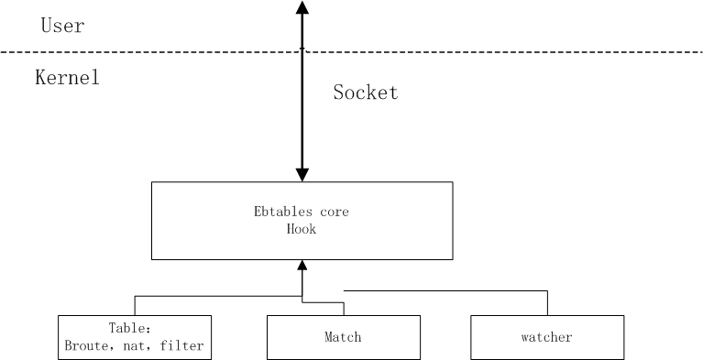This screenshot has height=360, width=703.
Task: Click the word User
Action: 62,26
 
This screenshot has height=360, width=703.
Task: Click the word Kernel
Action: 66,78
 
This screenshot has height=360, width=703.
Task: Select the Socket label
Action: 365,93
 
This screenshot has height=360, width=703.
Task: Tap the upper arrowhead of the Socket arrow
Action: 302,8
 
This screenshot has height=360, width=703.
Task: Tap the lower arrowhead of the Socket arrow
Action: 302,173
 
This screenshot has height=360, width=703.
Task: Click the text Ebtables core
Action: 302,213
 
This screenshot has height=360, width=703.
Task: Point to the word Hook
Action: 302,229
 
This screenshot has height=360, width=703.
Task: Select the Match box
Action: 343,337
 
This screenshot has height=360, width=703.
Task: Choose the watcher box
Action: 547,337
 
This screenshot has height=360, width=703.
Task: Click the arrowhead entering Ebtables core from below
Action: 302,266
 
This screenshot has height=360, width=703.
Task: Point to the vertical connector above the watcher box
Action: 547,303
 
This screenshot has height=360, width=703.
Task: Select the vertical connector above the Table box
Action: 135,305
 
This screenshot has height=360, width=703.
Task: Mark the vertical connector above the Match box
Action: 343,309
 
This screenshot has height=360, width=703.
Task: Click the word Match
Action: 343,337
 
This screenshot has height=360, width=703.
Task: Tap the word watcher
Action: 547,337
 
